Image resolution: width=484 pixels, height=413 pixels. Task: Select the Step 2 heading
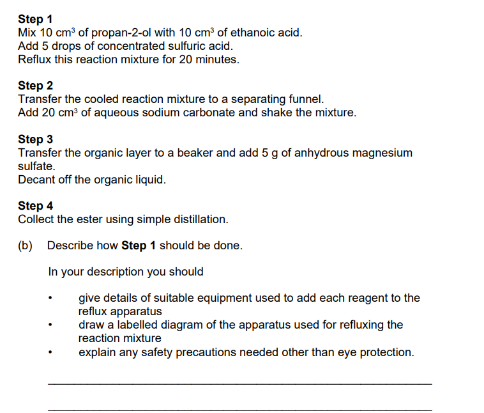[x=35, y=86]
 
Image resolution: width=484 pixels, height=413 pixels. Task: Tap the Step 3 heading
[x=35, y=139]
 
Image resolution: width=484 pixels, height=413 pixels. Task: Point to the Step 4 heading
[x=35, y=206]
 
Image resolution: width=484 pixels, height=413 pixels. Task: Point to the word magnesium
[x=382, y=153]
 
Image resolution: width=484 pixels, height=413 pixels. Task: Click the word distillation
[x=200, y=219]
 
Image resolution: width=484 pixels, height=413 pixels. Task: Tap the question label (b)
[x=26, y=245]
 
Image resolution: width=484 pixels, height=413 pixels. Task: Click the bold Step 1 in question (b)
[x=139, y=245]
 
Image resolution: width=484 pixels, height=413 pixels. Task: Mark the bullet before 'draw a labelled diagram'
[x=50, y=325]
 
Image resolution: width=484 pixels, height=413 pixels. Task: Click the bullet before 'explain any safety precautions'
[x=50, y=353]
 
